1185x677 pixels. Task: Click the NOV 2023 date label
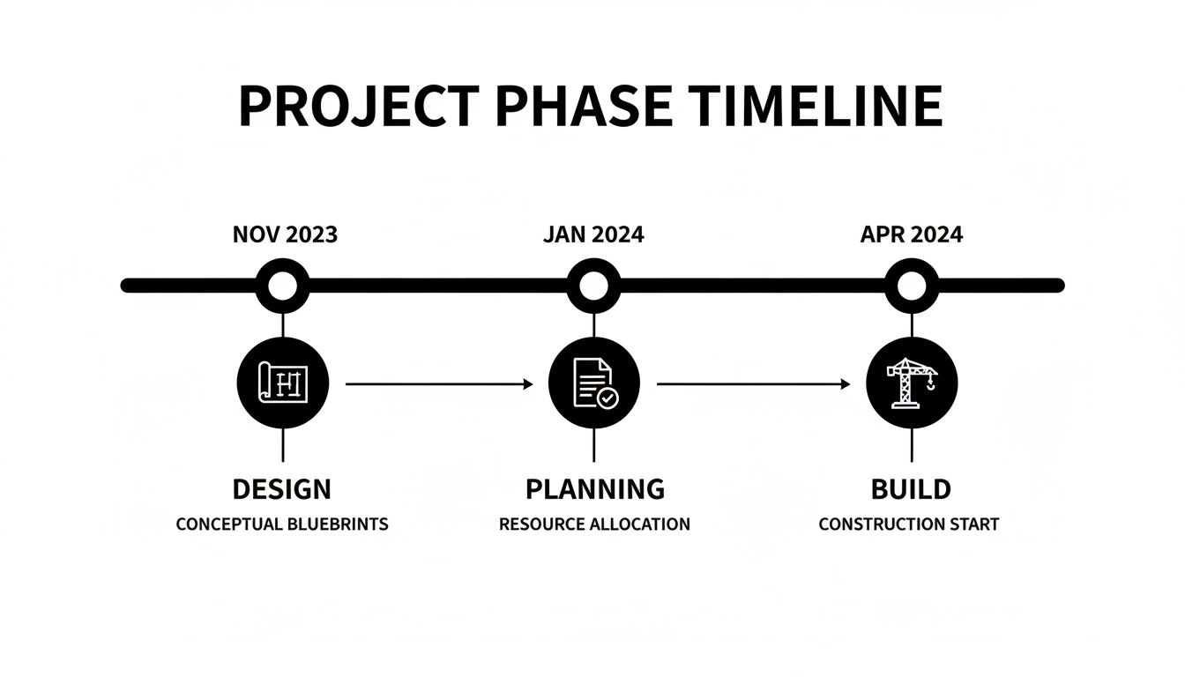(x=285, y=234)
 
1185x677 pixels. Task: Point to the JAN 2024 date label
(x=593, y=234)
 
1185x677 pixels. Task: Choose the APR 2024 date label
(x=911, y=234)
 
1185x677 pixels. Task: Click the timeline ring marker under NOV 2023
(x=283, y=285)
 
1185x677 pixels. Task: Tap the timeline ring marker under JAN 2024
(x=593, y=285)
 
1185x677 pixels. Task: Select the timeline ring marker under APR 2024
(x=912, y=285)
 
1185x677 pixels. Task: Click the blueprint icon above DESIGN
(x=283, y=383)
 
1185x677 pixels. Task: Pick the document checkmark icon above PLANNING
(x=593, y=383)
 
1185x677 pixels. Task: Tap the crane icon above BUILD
(x=912, y=383)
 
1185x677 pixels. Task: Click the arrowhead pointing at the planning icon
(x=528, y=384)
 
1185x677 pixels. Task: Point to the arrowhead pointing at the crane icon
(x=846, y=384)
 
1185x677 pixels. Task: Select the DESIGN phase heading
(x=282, y=488)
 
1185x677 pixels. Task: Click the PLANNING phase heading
(x=595, y=488)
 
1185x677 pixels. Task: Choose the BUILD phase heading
(x=911, y=488)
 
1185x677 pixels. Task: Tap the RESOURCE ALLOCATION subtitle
(x=594, y=524)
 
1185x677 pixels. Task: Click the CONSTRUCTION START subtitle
(x=909, y=524)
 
